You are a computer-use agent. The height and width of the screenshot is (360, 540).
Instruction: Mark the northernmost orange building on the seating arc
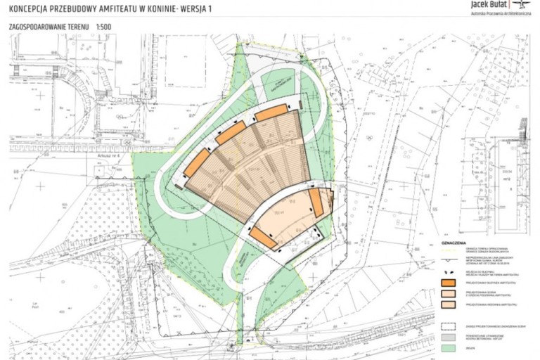(270, 112)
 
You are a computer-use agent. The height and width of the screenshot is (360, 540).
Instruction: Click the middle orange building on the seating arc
(233, 131)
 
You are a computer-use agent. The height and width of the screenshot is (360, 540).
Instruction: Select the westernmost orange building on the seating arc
(198, 163)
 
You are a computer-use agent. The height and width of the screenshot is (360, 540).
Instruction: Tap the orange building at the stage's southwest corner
(263, 237)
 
